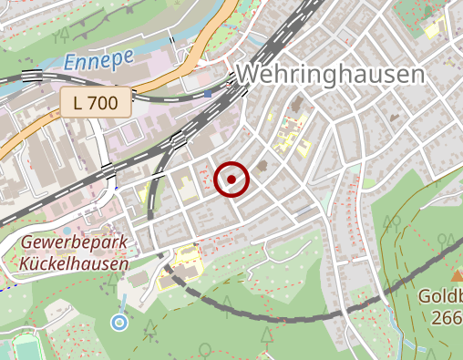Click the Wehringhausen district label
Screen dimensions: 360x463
point(331,74)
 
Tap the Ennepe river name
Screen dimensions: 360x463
point(99,61)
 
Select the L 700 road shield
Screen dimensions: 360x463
point(96,102)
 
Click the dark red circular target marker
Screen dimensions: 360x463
point(232,180)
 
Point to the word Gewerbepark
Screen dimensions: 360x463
point(74,243)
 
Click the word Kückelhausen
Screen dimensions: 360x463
point(74,263)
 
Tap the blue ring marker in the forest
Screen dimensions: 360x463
point(119,321)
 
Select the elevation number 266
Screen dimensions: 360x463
point(448,318)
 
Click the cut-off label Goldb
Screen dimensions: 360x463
point(441,297)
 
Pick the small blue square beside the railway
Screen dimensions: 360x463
point(208,93)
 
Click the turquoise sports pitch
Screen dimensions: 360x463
point(22,349)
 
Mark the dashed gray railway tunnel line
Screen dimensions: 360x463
point(273,316)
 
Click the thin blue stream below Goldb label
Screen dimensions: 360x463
point(393,319)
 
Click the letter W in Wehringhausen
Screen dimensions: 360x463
point(249,74)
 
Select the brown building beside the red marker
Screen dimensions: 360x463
point(262,167)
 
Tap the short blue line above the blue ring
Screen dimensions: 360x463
point(123,303)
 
